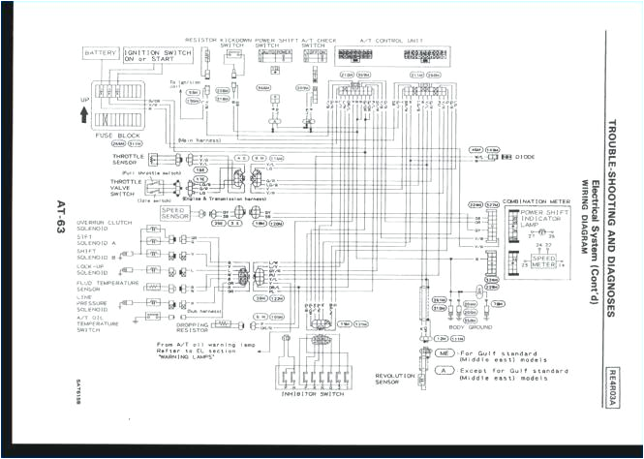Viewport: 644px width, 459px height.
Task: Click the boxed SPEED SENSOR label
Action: click(x=174, y=211)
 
